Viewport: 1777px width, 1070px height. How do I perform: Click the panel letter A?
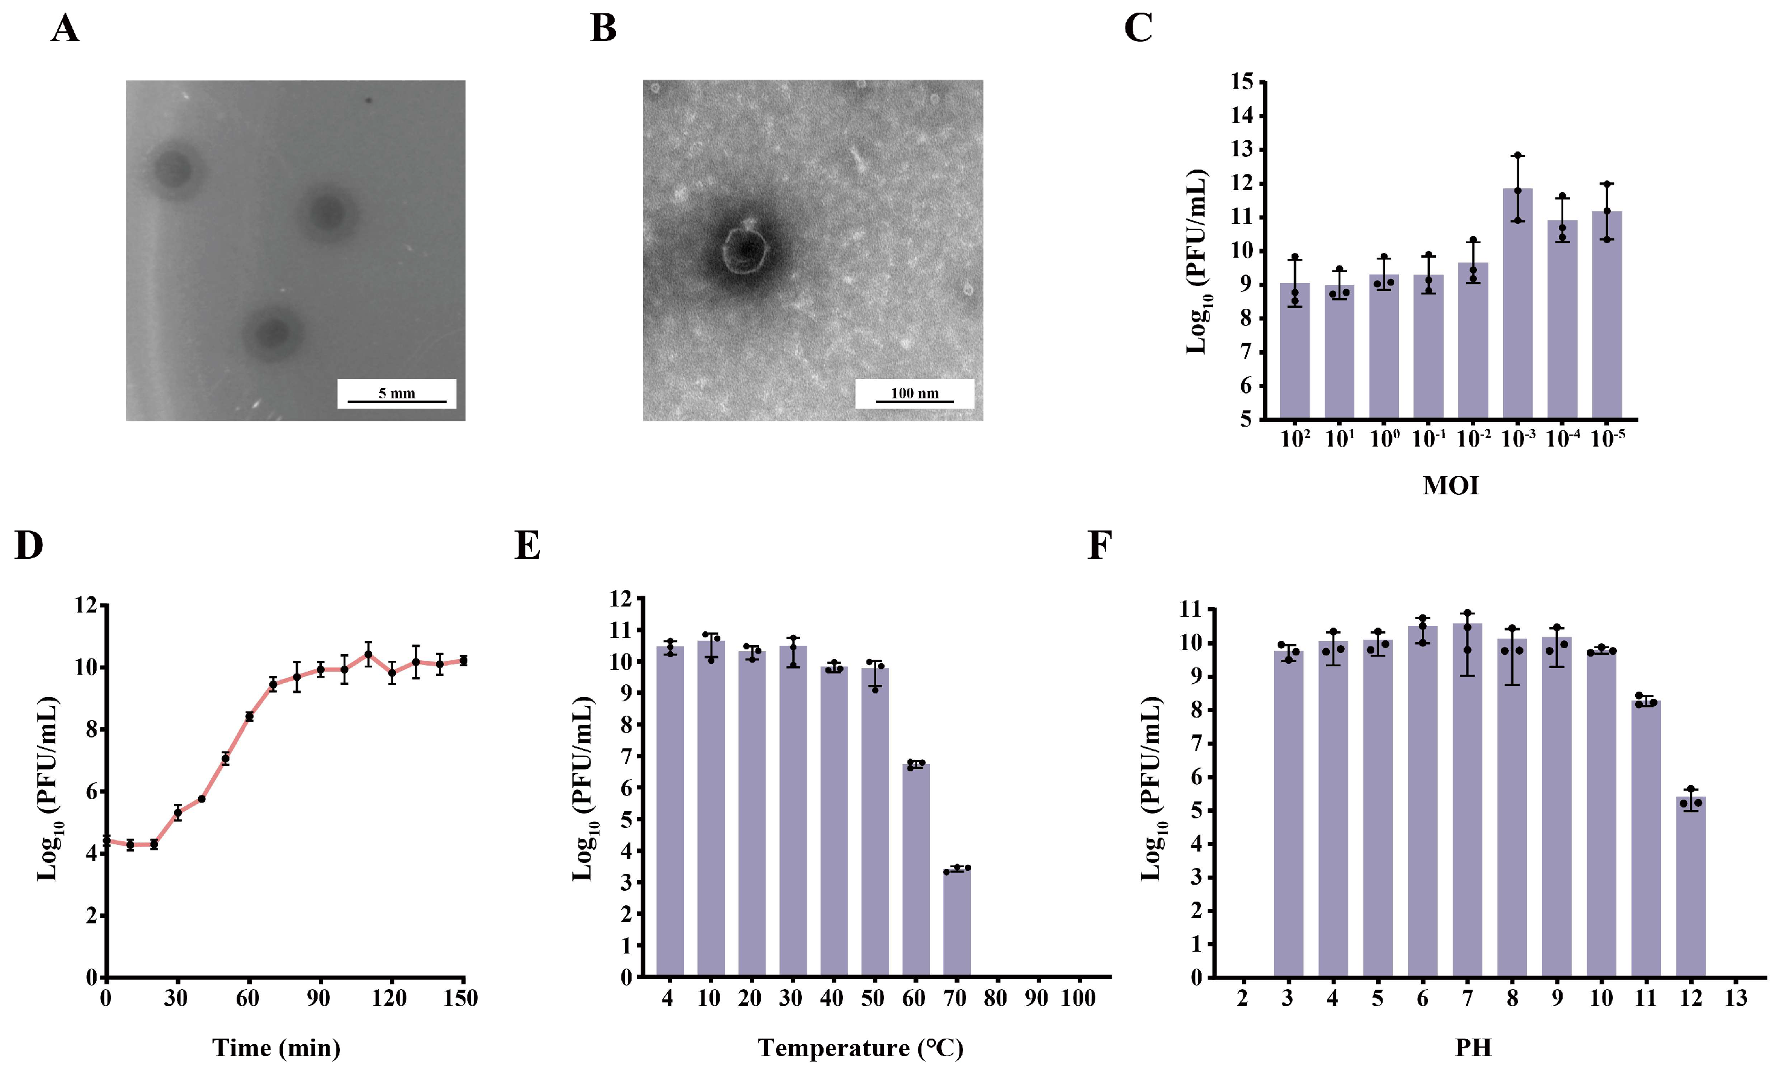[x=65, y=30]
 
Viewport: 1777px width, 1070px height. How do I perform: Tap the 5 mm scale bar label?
[x=397, y=393]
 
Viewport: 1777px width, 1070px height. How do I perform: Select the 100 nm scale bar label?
[x=914, y=393]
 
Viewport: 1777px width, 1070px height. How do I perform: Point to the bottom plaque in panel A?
[x=272, y=333]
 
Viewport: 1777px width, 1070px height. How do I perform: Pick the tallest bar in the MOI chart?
[x=1517, y=303]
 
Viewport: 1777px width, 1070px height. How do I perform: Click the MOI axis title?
[x=1450, y=485]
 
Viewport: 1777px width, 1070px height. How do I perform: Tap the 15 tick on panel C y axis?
[x=1243, y=81]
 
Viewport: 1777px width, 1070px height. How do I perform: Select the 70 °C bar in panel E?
[x=956, y=923]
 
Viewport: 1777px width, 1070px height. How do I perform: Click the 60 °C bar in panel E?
[x=916, y=870]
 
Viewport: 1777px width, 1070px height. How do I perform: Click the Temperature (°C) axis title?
[x=860, y=1048]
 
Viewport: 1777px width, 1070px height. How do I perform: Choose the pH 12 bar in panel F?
[x=1691, y=887]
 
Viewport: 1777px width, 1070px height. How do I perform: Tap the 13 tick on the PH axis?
[x=1735, y=999]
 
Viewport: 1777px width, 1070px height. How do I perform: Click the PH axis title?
[x=1473, y=1048]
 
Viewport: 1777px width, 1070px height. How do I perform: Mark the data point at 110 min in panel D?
[x=368, y=655]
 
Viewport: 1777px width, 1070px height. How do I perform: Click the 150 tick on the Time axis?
[x=460, y=999]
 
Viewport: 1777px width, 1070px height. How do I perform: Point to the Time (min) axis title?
[x=276, y=1048]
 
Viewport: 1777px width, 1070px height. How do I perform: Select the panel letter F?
[x=1098, y=546]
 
